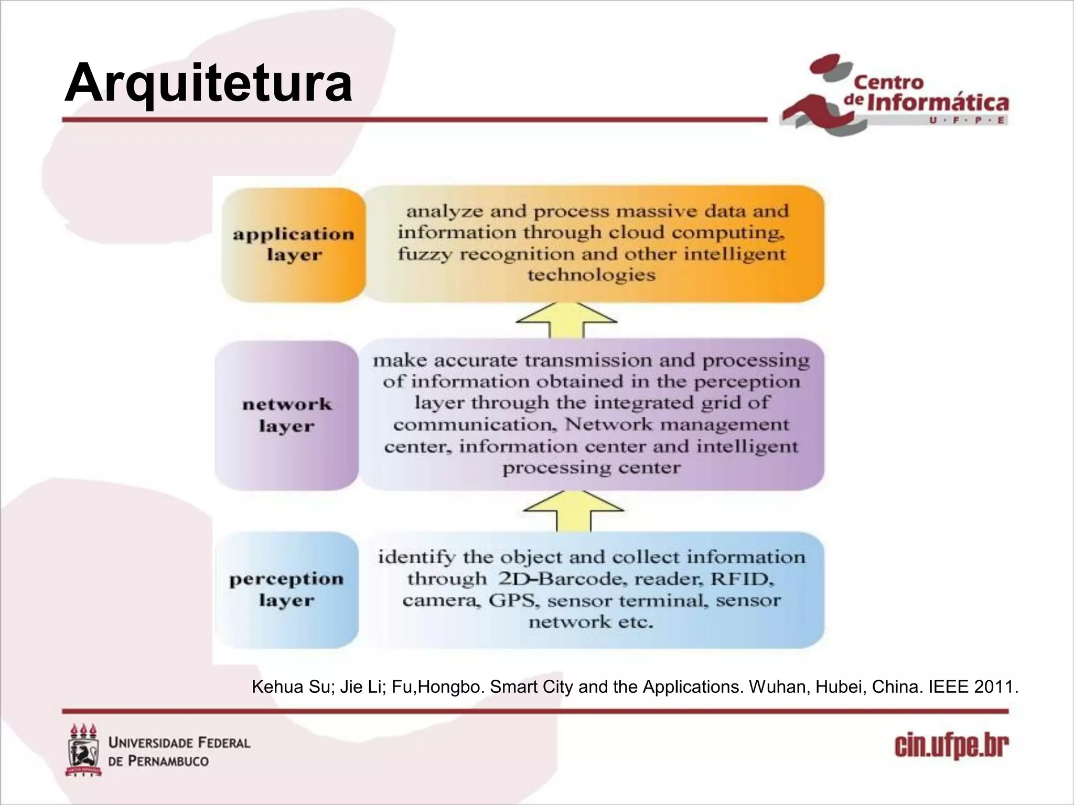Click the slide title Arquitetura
pyautogui.click(x=208, y=83)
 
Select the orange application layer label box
pyautogui.click(x=293, y=244)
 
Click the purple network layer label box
pyautogui.click(x=287, y=415)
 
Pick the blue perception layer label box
pyautogui.click(x=287, y=590)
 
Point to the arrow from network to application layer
pyautogui.click(x=566, y=320)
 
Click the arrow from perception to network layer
pyautogui.click(x=574, y=510)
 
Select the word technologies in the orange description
pyautogui.click(x=591, y=275)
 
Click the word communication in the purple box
pyautogui.click(x=475, y=425)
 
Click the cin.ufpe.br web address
pyautogui.click(x=951, y=746)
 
